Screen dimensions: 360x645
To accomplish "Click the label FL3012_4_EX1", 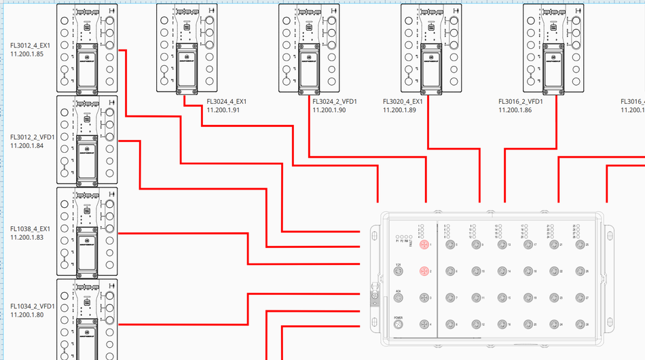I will pyautogui.click(x=30, y=46).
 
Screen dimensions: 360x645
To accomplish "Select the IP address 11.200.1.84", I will pyautogui.click(x=27, y=145).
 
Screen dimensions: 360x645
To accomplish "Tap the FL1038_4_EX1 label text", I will pyautogui.click(x=31, y=229).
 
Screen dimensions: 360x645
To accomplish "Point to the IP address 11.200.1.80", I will pyautogui.click(x=27, y=314).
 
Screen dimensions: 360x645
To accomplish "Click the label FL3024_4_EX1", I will pyautogui.click(x=227, y=101).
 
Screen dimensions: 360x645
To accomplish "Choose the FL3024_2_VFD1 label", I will pyautogui.click(x=335, y=101).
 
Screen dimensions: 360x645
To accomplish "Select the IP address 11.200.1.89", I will pyautogui.click(x=400, y=109).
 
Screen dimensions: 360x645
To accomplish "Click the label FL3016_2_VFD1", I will pyautogui.click(x=521, y=101).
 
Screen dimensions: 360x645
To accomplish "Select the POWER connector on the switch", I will pyautogui.click(x=399, y=325).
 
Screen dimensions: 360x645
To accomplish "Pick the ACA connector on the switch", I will pyautogui.click(x=399, y=298).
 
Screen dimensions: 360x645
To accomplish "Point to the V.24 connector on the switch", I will pyautogui.click(x=399, y=272).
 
